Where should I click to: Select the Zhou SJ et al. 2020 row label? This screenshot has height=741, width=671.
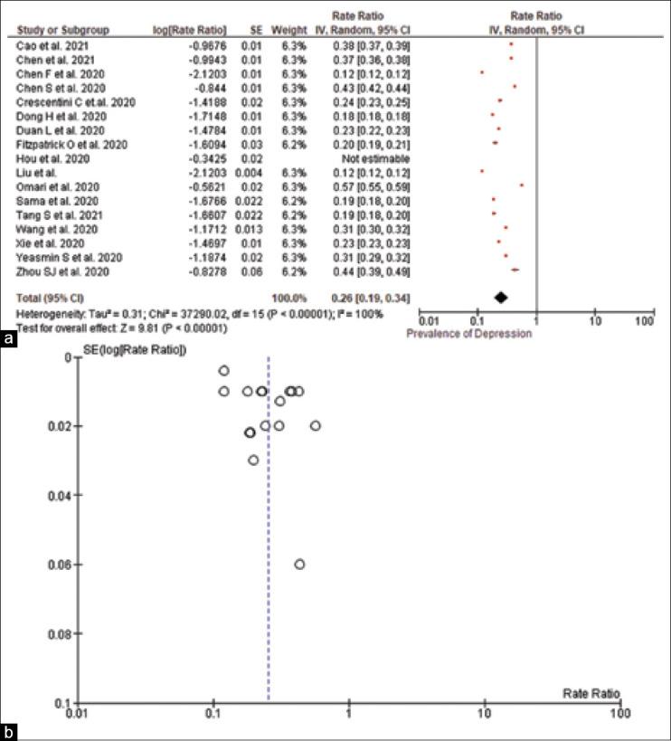click(55, 270)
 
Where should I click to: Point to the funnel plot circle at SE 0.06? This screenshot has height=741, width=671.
click(299, 564)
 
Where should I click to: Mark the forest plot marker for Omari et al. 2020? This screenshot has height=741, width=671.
click(522, 185)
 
